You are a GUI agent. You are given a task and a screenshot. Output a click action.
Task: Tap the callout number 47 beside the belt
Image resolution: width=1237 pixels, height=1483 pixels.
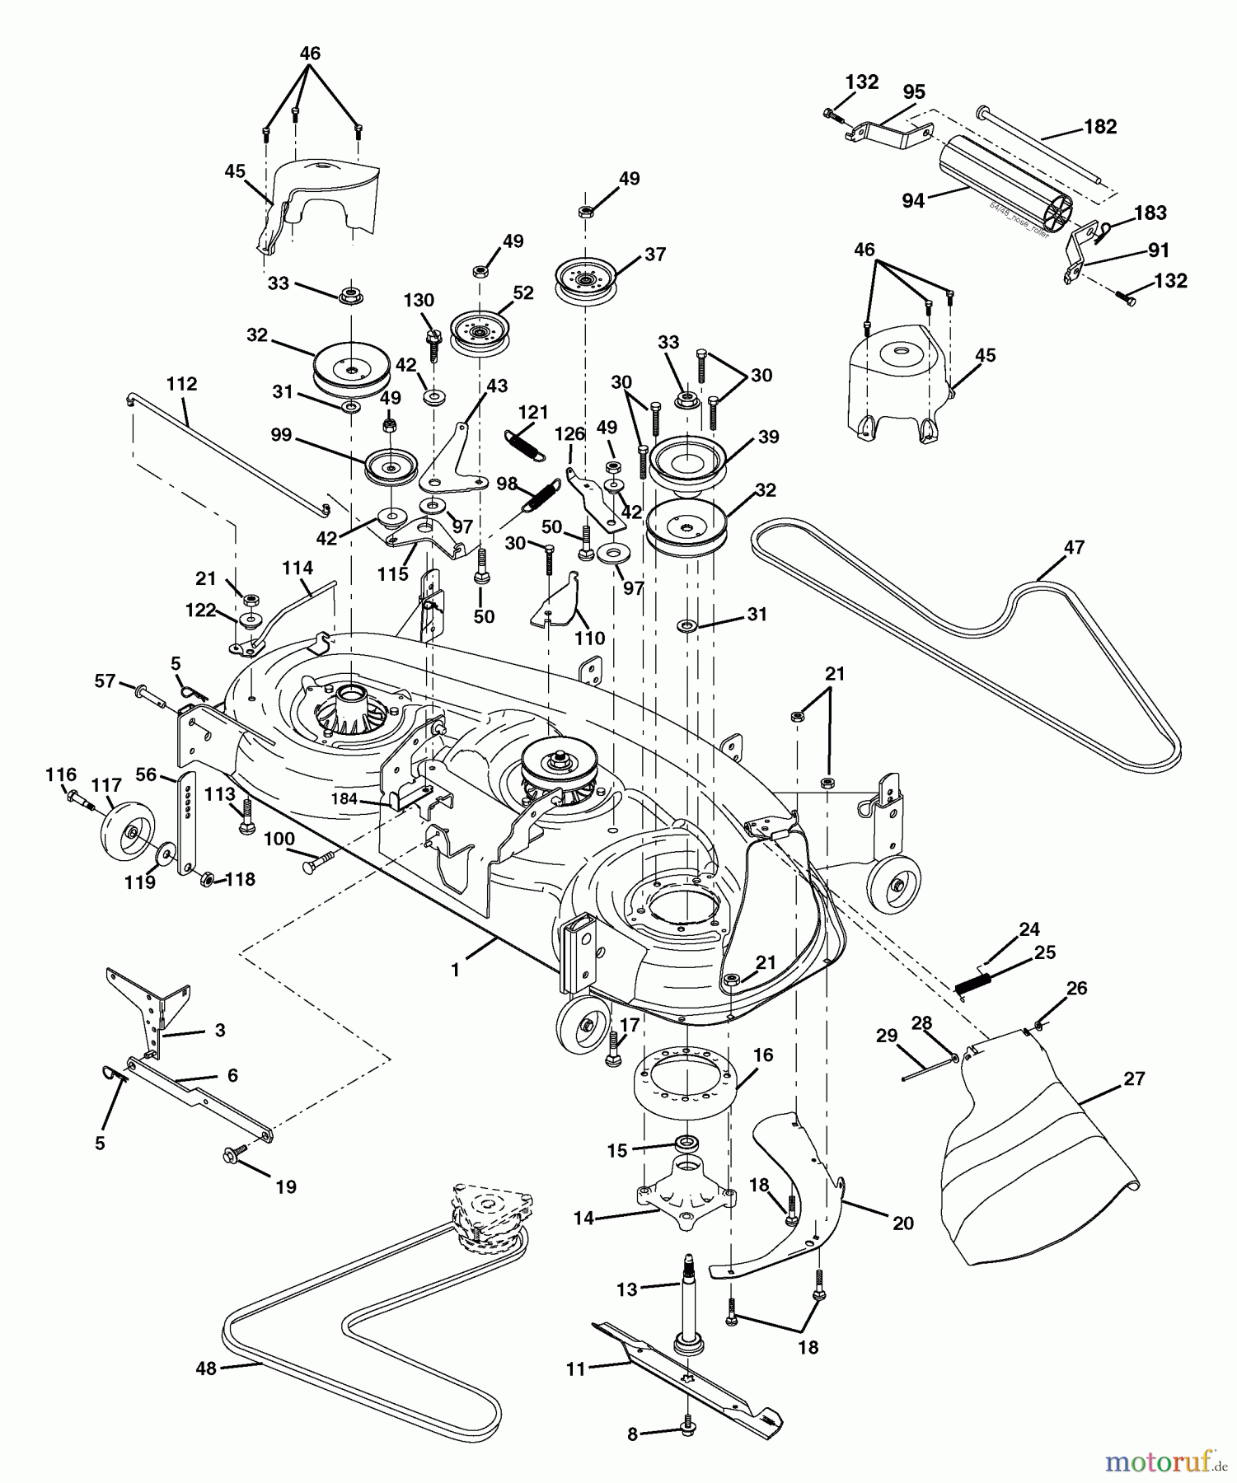[x=1074, y=548]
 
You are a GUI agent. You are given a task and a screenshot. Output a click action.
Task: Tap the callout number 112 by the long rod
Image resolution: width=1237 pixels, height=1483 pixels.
[x=181, y=384]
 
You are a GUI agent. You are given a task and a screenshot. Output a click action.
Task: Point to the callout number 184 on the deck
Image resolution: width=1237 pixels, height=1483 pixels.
[x=344, y=798]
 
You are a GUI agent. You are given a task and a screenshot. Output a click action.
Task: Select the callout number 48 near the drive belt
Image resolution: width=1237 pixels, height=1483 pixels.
[x=205, y=1368]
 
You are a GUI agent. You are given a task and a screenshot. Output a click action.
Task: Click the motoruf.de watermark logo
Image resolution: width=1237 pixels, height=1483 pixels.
[x=1165, y=1462]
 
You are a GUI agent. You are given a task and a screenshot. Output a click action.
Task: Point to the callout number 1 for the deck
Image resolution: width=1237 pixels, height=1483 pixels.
[x=455, y=971]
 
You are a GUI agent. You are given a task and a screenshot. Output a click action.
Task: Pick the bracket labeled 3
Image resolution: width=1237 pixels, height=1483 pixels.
[x=152, y=1008]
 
